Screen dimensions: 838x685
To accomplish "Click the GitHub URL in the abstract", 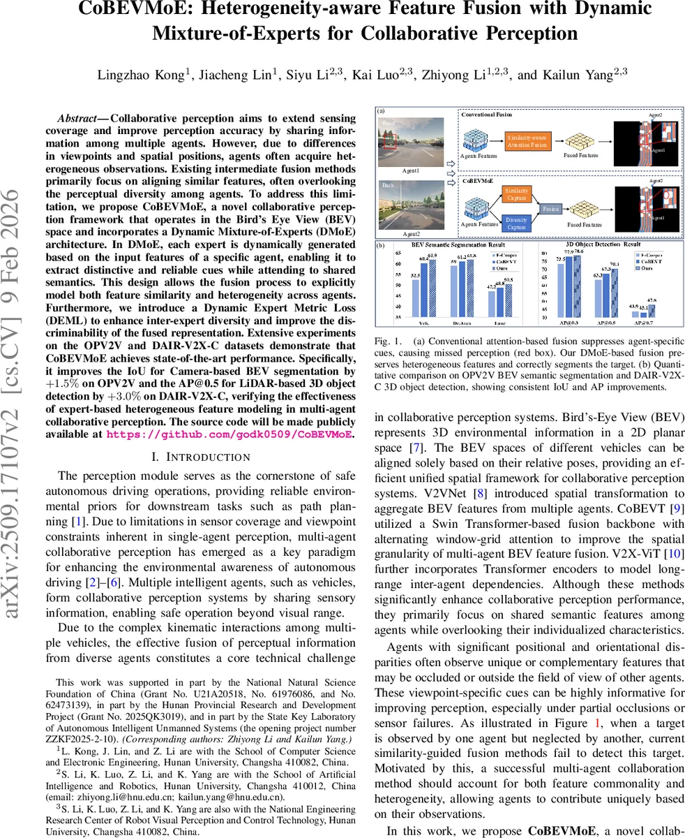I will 228,434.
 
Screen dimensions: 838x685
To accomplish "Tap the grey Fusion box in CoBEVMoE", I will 550,208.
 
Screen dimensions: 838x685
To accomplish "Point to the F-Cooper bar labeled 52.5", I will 416,298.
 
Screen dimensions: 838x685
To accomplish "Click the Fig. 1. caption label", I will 389,342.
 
